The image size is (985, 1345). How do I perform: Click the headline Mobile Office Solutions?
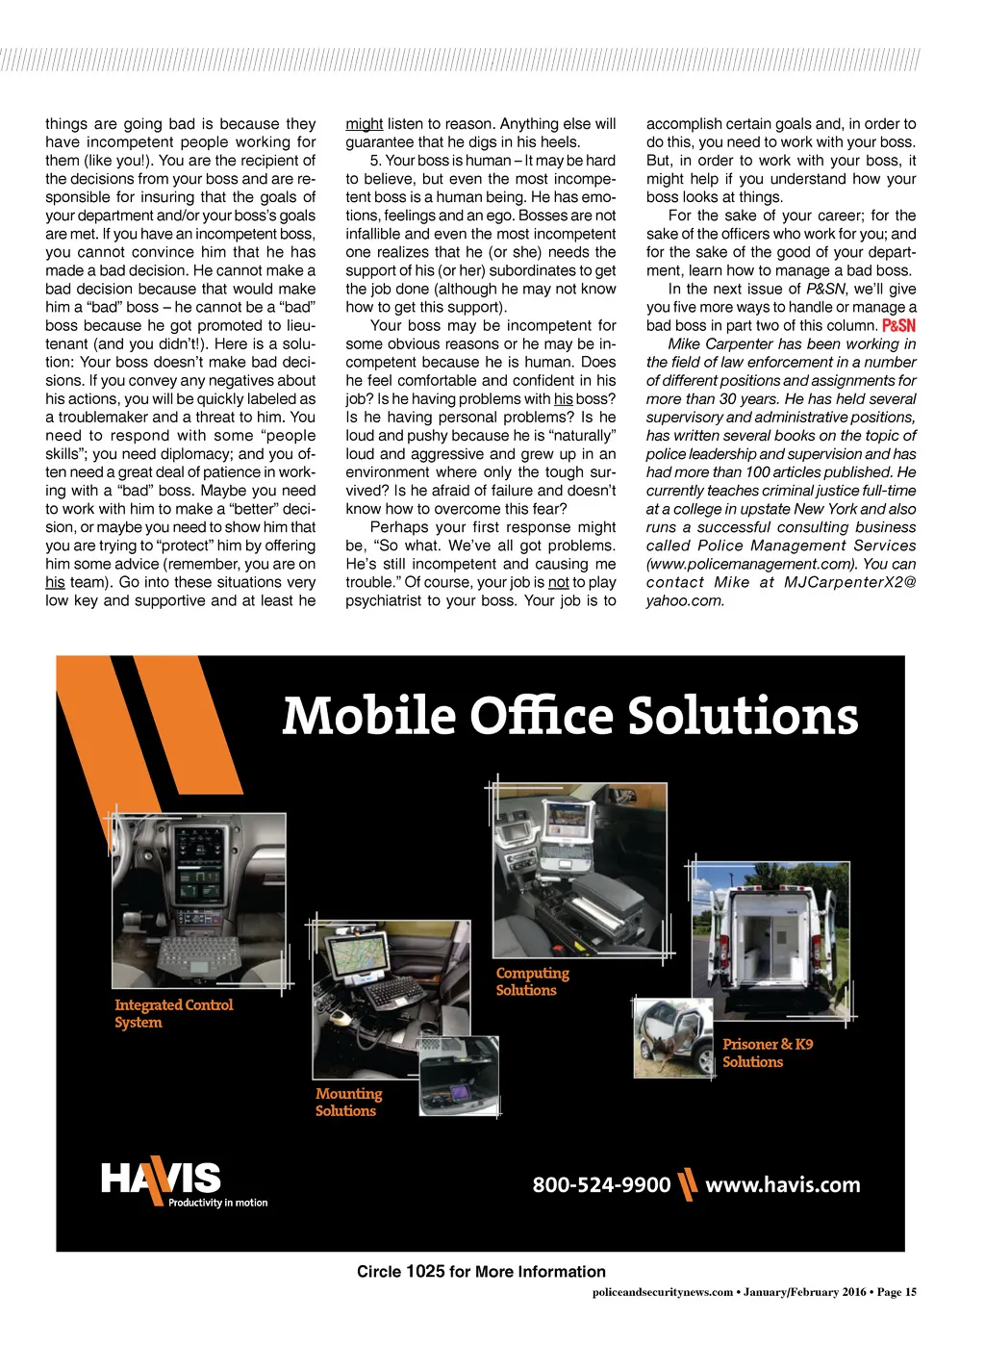569,717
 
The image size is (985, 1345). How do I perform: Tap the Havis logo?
161,1180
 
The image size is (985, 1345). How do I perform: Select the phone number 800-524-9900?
601,1184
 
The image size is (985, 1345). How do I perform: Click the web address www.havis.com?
783,1184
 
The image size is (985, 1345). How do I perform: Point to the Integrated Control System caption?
173,1013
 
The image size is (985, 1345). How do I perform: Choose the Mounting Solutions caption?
348,1102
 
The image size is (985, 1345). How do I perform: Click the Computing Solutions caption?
532,981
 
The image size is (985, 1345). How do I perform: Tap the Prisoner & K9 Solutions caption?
767,1053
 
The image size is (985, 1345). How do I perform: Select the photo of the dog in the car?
673,1038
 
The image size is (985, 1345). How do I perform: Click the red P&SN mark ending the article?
898,326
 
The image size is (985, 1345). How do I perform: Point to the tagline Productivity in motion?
218,1203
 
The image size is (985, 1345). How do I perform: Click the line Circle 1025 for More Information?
481,1271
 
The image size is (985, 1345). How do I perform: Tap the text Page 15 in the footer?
897,1292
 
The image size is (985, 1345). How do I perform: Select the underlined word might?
364,124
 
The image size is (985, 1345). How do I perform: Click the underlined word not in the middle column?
558,582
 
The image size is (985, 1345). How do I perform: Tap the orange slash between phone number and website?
687,1184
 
